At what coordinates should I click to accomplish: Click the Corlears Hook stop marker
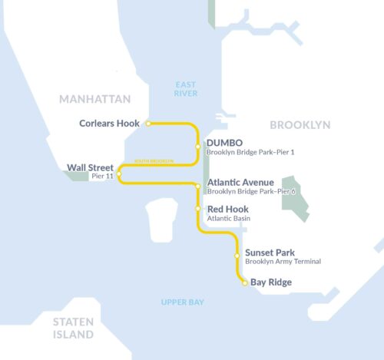click(x=148, y=123)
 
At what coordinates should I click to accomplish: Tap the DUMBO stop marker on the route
click(x=198, y=146)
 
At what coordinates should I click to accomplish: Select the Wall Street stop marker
click(x=118, y=173)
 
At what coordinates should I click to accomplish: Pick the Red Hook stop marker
click(x=198, y=209)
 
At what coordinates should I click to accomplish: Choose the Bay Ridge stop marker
click(x=245, y=283)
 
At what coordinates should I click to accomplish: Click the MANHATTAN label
click(x=95, y=99)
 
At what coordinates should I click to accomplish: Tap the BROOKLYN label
click(x=300, y=124)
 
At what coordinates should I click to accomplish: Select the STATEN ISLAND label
click(x=73, y=328)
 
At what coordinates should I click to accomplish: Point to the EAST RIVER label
click(x=186, y=89)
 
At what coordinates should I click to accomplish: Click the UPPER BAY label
click(x=183, y=302)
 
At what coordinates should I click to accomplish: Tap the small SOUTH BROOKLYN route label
click(x=154, y=161)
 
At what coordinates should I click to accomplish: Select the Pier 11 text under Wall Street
click(x=102, y=177)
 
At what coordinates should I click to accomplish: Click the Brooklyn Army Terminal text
click(x=283, y=262)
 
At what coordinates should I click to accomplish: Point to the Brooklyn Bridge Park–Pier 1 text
click(x=250, y=152)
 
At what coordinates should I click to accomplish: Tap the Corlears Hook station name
click(x=110, y=123)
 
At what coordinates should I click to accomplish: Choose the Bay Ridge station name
click(x=271, y=282)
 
